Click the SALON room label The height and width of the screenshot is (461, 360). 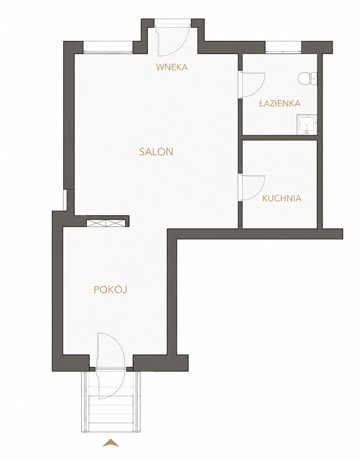pos(156,152)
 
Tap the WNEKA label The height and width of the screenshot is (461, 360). pos(172,67)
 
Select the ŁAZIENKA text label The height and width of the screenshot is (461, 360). pos(280,103)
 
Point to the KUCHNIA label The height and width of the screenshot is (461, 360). pos(282,198)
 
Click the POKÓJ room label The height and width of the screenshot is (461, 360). pos(110,290)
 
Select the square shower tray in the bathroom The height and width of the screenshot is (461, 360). pos(307,125)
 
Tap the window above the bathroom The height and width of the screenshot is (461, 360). pos(284,48)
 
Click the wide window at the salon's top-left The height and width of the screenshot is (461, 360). pos(108,48)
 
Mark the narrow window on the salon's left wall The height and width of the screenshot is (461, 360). pos(65,200)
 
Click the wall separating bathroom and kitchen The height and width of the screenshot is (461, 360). pos(280,138)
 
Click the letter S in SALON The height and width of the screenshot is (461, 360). pos(142,152)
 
